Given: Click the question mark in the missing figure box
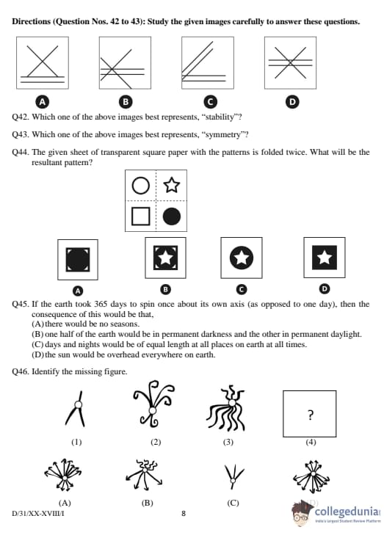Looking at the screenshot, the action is coord(310,415).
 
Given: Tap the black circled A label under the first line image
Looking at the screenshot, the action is coord(43,102).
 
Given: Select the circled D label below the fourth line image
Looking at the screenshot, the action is coord(291,102).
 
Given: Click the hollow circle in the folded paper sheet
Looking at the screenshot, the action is coord(141,186).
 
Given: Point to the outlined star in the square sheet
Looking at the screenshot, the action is coord(171,185).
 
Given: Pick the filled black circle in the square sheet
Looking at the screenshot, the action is coord(172,216).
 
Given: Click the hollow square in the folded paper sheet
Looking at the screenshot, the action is coord(141,216).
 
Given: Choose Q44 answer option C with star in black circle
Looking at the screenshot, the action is coord(242,258).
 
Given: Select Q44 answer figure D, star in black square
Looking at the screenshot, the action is coord(325,258).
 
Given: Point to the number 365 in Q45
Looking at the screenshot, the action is coord(101,304).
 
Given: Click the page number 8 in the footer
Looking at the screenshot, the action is coord(184,513).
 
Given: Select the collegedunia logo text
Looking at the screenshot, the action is coord(347,512).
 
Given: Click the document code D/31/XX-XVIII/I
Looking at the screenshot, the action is coord(38,513).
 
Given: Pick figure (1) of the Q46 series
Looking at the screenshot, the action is coord(76,409).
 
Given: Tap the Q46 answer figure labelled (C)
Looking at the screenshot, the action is coord(233,476).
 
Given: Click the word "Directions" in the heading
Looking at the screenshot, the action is coord(31,21).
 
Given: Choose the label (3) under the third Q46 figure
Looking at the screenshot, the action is coord(228,443).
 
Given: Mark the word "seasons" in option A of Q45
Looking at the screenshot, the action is coord(126,324).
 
